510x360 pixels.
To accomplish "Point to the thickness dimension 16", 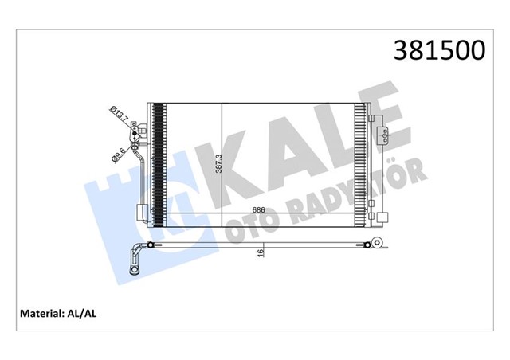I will [x=260, y=252].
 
